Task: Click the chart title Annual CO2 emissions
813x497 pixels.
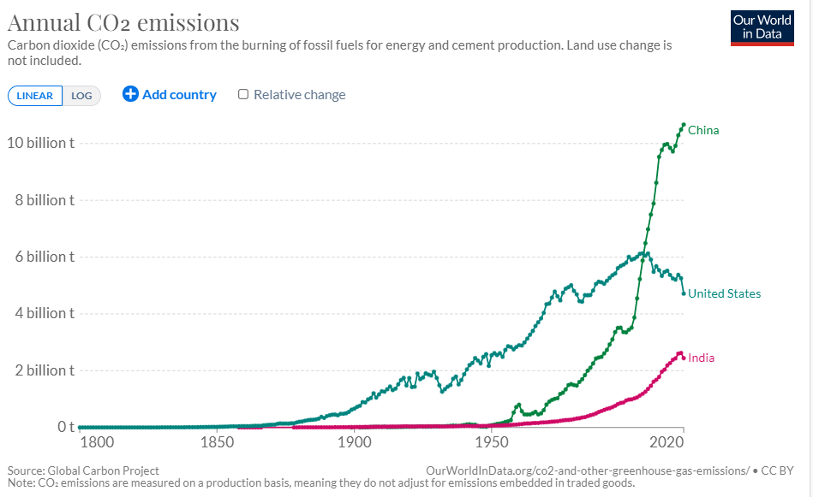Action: click(123, 22)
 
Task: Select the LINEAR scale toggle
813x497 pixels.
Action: click(35, 96)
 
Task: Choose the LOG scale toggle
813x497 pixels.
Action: click(82, 96)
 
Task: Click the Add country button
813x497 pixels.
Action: click(170, 95)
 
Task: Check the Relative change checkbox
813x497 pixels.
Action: click(243, 95)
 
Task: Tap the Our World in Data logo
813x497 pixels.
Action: click(762, 27)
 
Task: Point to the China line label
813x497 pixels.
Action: click(703, 131)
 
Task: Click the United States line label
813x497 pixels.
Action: click(724, 294)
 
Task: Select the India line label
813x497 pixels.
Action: click(701, 358)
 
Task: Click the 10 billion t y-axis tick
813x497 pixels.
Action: click(40, 143)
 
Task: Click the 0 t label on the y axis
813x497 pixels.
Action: click(66, 427)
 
